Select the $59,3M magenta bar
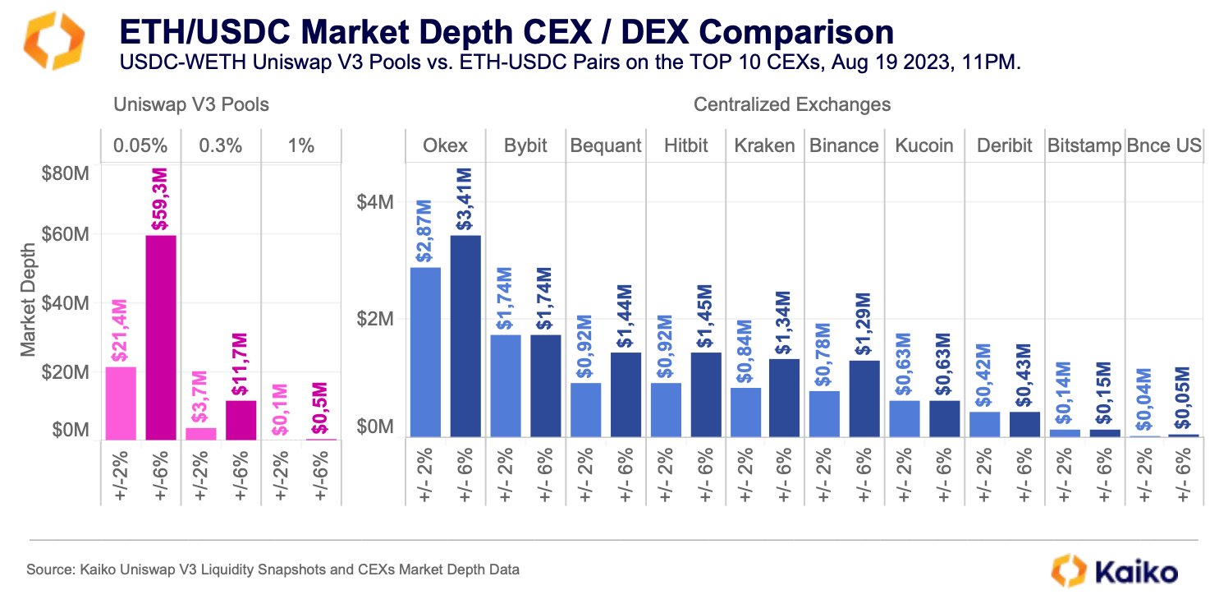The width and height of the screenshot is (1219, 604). pos(161,337)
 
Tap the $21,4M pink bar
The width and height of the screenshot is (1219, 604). pos(121,403)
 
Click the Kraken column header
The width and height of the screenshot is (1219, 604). pos(765,146)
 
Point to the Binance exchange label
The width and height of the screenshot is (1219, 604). pos(844,146)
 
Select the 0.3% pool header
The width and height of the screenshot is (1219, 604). pos(221,146)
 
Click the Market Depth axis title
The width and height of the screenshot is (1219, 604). pos(29,300)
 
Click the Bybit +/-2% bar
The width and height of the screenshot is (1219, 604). pos(505,385)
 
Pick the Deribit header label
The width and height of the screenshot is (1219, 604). pos(1004,146)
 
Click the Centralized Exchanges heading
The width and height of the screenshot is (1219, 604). pos(792,105)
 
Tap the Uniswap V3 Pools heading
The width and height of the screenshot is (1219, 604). pos(190,105)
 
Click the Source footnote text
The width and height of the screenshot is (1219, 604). pos(273,569)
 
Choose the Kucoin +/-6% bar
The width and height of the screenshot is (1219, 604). pos(945,418)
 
